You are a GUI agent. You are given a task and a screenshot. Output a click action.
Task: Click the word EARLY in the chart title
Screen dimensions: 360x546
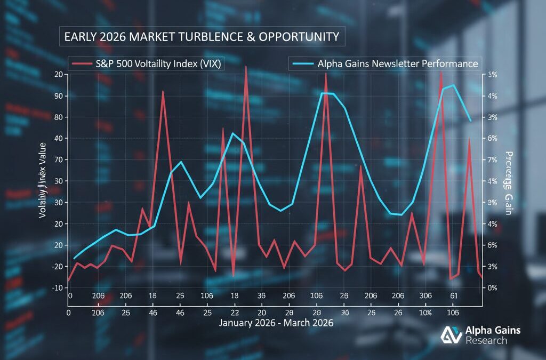[80, 37]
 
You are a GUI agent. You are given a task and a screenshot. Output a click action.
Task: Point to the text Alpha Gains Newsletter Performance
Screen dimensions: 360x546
[397, 64]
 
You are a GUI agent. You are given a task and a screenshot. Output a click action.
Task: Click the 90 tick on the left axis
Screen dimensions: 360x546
[58, 96]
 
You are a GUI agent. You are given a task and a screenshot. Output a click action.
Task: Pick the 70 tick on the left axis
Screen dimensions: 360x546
[58, 159]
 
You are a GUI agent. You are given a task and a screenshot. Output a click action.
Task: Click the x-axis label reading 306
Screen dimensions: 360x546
[425, 296]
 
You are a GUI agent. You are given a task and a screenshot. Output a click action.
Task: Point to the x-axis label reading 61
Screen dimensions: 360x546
[454, 296]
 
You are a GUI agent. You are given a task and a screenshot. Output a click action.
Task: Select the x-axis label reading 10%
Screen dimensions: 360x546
[425, 313]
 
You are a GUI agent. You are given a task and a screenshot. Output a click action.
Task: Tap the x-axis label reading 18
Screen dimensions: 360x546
[152, 296]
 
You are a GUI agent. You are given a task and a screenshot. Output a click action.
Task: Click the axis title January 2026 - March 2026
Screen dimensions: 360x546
[276, 324]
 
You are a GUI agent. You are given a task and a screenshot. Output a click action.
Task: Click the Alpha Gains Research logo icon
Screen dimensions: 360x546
[451, 335]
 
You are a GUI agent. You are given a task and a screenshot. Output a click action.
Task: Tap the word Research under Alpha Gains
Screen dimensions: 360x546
[486, 340]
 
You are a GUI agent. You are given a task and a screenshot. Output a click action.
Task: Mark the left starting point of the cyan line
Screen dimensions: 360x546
[75, 258]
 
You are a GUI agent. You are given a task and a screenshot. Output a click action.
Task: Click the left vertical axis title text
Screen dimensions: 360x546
[43, 180]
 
